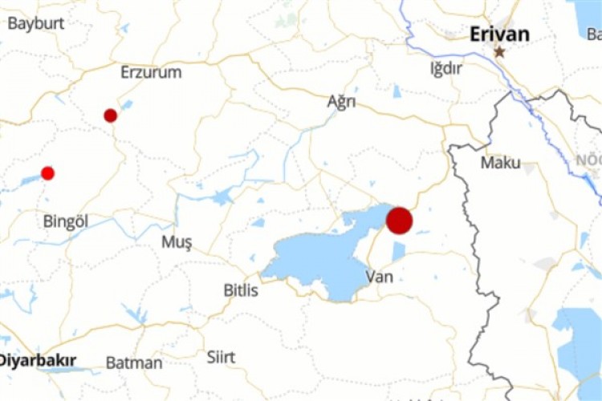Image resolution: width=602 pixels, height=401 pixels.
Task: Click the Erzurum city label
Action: tap(151, 72)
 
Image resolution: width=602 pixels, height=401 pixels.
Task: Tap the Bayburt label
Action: tap(35, 22)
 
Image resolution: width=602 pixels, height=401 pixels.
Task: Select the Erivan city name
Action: tap(499, 34)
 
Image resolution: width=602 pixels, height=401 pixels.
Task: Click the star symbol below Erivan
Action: tap(499, 52)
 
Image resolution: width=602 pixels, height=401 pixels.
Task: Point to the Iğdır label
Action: tap(446, 68)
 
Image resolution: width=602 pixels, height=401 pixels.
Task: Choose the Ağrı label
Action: tap(341, 102)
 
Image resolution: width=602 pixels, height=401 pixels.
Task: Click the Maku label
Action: tap(501, 163)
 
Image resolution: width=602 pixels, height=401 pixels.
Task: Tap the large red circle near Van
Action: tap(400, 221)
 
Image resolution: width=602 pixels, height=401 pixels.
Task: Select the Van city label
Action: tap(378, 277)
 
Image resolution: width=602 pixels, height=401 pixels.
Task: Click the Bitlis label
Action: tap(241, 290)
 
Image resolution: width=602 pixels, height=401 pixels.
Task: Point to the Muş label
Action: tap(177, 242)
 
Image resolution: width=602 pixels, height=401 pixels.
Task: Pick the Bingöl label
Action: tap(65, 221)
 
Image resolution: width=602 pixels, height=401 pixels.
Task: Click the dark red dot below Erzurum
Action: tap(111, 115)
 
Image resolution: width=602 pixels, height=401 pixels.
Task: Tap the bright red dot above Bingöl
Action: tap(47, 173)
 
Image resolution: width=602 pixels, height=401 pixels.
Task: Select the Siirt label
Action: tap(221, 357)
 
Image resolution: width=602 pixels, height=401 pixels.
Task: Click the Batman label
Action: tap(134, 363)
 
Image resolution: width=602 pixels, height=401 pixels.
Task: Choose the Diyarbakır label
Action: tap(36, 360)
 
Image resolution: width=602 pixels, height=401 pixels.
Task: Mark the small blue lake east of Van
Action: tap(399, 251)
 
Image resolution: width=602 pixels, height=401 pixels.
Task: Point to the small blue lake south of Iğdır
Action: tap(397, 91)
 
